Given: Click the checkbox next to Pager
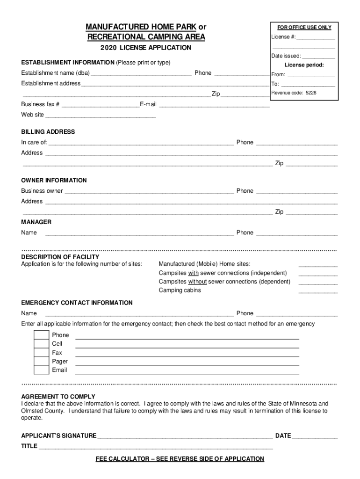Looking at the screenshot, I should (41, 361).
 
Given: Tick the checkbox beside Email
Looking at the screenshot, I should (41, 370).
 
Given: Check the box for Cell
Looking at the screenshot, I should (41, 344).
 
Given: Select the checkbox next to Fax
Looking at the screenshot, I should (41, 353).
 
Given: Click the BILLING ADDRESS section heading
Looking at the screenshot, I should (48, 132).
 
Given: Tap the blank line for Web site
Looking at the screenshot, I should (101, 115).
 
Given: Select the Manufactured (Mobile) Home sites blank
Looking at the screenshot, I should (317, 265).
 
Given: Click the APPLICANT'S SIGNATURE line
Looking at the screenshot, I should (185, 436).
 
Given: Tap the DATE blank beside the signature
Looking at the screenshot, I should (315, 436).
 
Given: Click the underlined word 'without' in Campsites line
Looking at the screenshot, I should (197, 282).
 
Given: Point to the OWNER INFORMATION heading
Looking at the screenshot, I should (54, 180).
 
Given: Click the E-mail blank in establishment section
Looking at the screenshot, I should (214, 105).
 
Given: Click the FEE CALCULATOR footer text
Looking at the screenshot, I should (180, 459).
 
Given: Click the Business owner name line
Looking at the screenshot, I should (149, 192).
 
